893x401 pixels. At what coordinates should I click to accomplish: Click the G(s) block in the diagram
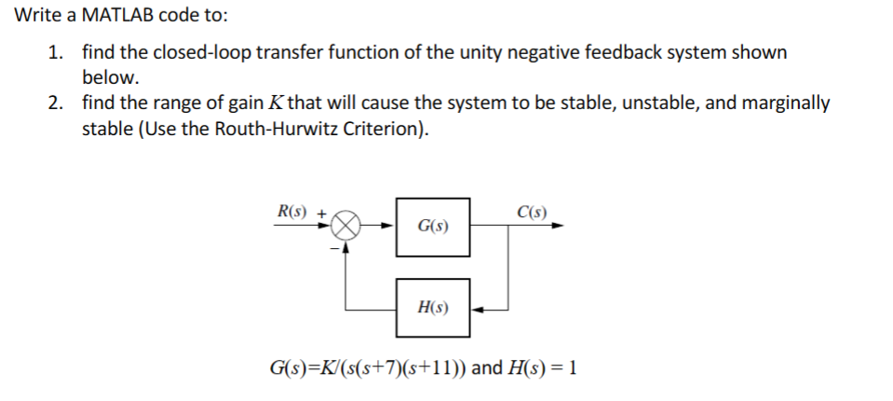point(433,226)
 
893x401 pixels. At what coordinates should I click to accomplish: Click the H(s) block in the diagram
point(433,307)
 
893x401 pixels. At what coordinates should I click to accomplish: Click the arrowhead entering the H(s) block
point(477,308)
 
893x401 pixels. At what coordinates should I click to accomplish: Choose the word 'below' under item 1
point(107,77)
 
